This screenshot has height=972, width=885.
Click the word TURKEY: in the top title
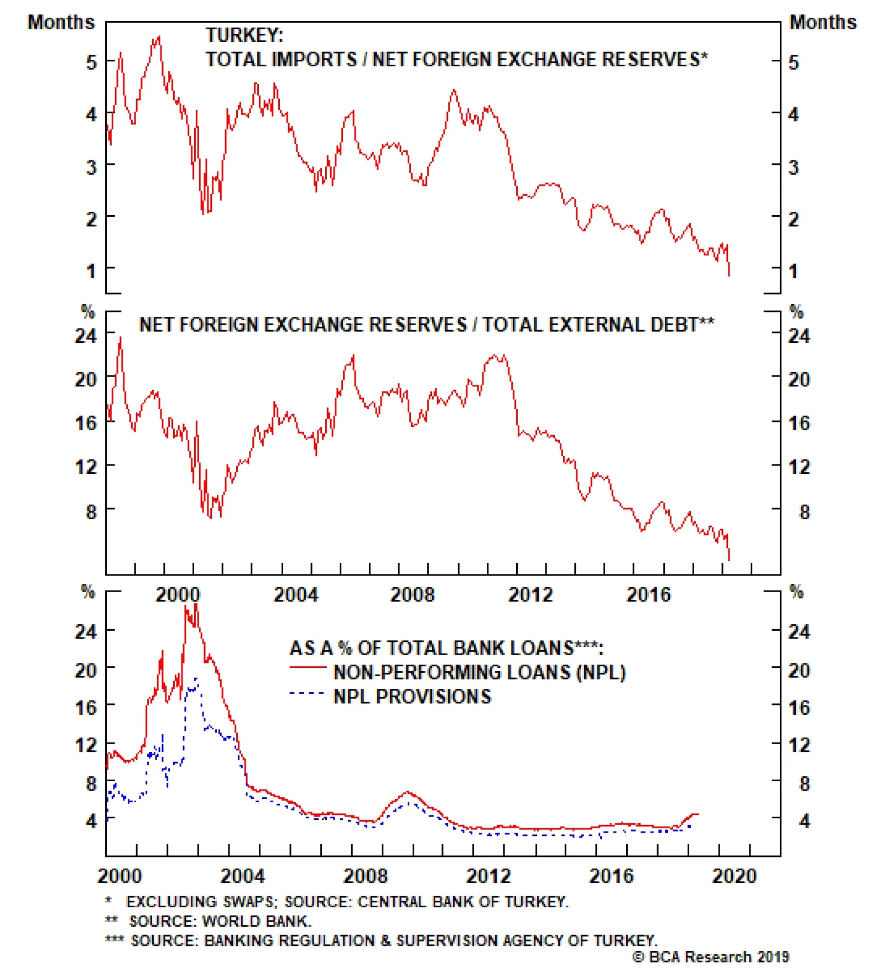click(244, 35)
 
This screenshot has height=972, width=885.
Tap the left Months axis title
click(61, 22)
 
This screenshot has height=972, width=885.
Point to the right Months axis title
click(822, 22)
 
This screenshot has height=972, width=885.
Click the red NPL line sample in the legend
click(308, 667)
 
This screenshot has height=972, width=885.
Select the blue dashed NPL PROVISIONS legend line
click(307, 693)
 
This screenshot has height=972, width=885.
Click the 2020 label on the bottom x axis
click(733, 875)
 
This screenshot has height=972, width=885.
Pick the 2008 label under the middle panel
click(412, 594)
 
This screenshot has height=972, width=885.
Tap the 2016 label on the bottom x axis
click(611, 875)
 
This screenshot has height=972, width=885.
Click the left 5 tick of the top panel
click(91, 62)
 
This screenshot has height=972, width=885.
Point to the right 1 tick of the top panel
click(793, 271)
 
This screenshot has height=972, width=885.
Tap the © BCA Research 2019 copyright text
click(711, 957)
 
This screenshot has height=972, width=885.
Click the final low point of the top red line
click(729, 275)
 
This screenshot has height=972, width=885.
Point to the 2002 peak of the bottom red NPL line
click(195, 606)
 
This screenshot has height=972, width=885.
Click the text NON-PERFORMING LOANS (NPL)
click(480, 672)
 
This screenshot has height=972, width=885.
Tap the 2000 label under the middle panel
click(177, 594)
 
